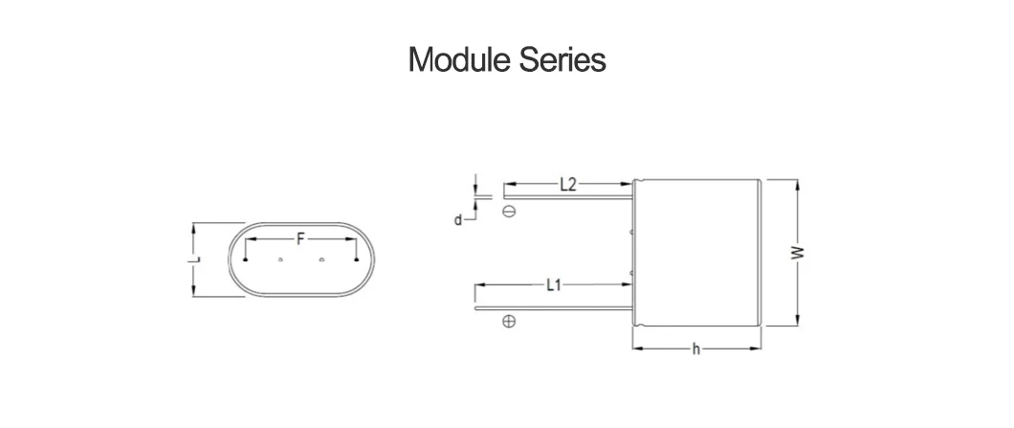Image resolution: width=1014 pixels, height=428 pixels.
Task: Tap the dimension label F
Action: [x=300, y=240]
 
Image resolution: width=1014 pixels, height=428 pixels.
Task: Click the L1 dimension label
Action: [x=553, y=284]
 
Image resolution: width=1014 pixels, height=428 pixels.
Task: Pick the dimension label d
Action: [x=458, y=219]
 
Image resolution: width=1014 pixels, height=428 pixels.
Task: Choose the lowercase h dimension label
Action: [x=696, y=349]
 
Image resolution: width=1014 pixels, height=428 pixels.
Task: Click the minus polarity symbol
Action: [x=509, y=212]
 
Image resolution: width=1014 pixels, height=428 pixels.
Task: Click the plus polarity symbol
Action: [x=509, y=323]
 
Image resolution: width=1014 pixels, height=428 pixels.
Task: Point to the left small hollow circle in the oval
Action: [x=280, y=259]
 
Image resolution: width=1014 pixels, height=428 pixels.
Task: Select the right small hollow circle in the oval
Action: [x=322, y=259]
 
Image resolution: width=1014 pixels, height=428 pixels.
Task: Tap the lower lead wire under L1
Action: [x=555, y=308]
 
